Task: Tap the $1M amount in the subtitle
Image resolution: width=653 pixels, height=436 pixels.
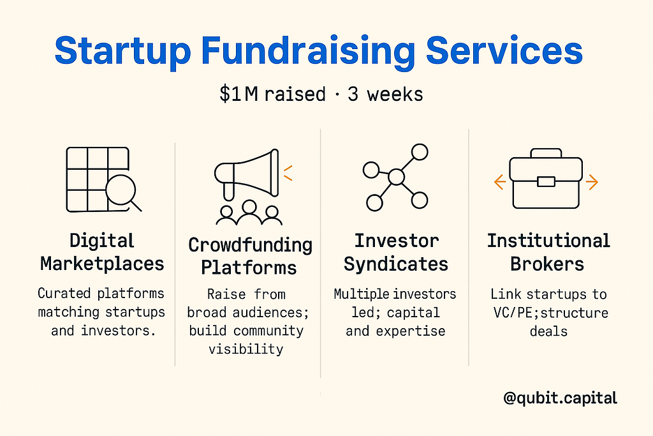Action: click(239, 94)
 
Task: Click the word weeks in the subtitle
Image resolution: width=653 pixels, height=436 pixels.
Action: click(395, 94)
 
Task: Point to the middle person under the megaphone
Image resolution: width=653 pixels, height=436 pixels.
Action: click(249, 212)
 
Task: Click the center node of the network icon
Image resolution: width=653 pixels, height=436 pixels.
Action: click(396, 177)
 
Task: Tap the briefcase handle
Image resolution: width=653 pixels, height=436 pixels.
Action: click(546, 153)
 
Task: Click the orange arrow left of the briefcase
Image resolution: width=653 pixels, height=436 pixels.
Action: click(500, 182)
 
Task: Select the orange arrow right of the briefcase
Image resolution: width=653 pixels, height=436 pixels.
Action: click(592, 182)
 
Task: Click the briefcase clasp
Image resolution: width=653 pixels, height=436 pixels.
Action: click(546, 181)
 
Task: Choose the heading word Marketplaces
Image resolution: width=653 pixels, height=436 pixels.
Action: click(103, 264)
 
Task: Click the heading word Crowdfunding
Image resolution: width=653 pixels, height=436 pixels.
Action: click(250, 244)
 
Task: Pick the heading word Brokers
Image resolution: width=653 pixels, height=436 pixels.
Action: click(547, 264)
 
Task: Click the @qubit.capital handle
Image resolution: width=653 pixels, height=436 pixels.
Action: click(560, 398)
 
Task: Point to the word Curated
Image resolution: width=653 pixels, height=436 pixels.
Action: click(64, 294)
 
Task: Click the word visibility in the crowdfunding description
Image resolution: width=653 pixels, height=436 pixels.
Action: click(246, 349)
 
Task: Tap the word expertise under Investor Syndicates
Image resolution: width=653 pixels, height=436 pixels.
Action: click(411, 331)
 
